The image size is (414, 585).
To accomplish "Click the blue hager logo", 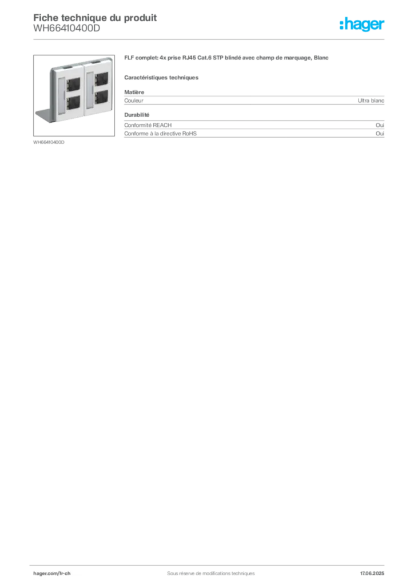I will [363, 25].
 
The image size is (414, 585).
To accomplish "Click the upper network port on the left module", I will [73, 84].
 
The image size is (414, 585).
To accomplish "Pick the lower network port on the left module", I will [73, 102].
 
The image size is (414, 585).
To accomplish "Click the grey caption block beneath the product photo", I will [50, 142].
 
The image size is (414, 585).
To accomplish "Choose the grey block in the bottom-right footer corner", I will [376, 571].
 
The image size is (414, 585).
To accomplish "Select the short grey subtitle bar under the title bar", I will [162, 77].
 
